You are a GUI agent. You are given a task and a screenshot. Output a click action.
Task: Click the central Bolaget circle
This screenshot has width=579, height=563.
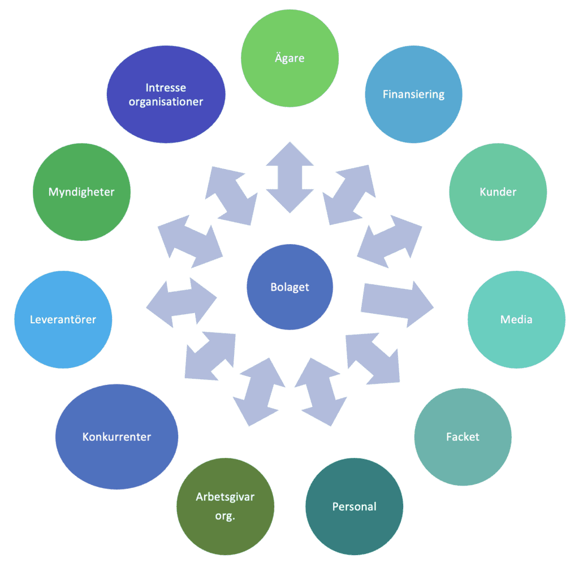click(289, 287)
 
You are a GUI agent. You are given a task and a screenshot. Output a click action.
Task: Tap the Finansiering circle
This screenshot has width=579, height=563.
click(413, 94)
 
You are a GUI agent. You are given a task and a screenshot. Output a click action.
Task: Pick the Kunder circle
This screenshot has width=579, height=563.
click(498, 192)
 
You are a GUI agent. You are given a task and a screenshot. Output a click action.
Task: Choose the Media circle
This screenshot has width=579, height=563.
click(516, 320)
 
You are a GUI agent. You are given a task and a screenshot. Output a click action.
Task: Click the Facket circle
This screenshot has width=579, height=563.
click(463, 437)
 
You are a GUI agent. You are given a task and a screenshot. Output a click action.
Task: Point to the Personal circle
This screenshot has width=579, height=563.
click(354, 506)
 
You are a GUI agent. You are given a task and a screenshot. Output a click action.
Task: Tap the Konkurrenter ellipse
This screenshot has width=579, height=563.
click(117, 437)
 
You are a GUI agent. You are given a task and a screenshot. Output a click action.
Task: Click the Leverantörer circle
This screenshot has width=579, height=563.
click(63, 320)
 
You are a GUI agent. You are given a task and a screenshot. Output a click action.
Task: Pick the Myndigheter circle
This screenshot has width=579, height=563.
click(81, 192)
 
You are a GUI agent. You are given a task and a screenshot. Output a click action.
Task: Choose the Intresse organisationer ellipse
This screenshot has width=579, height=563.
click(166, 94)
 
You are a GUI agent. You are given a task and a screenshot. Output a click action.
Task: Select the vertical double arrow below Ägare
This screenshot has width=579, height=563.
click(289, 177)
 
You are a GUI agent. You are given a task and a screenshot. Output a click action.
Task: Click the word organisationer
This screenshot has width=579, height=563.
click(166, 102)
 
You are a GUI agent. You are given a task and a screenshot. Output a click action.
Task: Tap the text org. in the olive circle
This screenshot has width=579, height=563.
click(225, 516)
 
